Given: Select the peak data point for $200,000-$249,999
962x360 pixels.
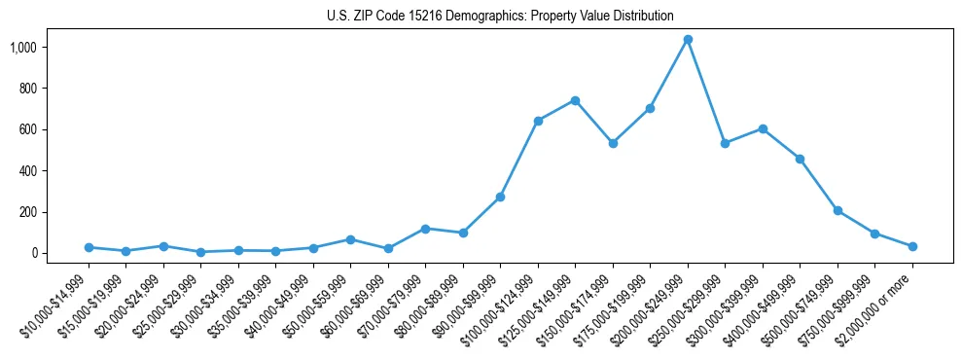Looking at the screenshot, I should click(x=688, y=40).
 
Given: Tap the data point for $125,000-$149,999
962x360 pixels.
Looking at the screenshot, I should click(x=575, y=100).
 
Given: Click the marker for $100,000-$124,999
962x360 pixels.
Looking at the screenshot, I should click(x=538, y=121).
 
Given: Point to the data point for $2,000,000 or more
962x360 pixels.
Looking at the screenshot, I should click(x=912, y=246).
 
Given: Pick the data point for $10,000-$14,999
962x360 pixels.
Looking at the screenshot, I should click(x=89, y=247).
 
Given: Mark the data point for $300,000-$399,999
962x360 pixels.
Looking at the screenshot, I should click(x=763, y=128).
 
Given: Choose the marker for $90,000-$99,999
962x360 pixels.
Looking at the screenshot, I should click(x=500, y=197).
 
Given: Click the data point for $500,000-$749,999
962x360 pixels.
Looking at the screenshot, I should click(x=837, y=210).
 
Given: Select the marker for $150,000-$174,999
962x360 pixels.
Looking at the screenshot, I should click(x=613, y=143).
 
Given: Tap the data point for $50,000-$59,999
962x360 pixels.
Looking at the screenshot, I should click(x=350, y=239).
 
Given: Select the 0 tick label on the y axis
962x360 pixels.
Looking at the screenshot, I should click(x=60, y=253).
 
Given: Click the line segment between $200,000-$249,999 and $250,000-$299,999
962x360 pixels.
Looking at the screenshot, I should click(x=706, y=91).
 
